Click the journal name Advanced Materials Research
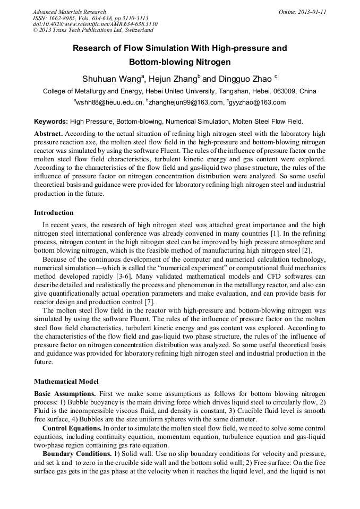pos(69,12)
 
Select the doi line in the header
pos(95,24)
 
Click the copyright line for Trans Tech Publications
pos(93,30)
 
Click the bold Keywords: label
pos(51,122)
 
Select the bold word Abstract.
pos(48,134)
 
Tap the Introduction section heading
pos(54,213)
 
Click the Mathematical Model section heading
pos(66,382)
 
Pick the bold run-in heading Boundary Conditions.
pos(76,455)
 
